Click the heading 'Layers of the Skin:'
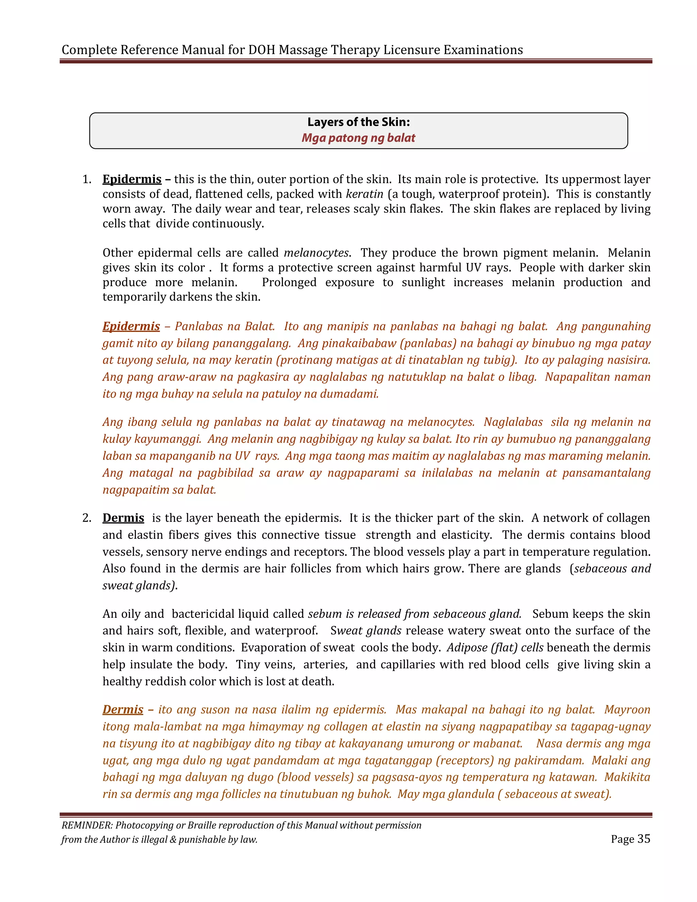[x=358, y=122]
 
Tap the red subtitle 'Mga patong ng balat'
[x=358, y=138]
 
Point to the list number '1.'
[x=87, y=179]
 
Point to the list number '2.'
[x=87, y=518]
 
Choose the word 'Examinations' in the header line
[x=483, y=50]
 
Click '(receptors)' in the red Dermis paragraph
[x=465, y=760]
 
